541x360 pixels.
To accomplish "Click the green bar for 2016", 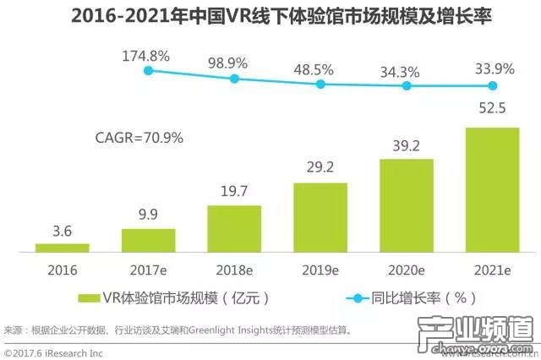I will [62, 248].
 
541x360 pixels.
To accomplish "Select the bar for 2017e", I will [148, 240].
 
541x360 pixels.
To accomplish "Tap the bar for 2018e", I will [234, 228].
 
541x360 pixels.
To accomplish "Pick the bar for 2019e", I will [320, 217].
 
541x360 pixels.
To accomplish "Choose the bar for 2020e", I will [407, 205].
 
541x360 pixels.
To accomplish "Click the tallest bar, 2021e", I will [492, 189].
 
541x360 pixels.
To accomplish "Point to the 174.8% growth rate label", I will [147, 57].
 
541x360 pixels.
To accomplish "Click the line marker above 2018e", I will [234, 79].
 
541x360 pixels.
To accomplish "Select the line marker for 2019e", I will [320, 84].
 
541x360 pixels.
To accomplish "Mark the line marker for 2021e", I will [493, 85].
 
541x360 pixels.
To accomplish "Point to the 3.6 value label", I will [62, 230].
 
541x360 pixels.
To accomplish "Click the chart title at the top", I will [270, 16].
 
